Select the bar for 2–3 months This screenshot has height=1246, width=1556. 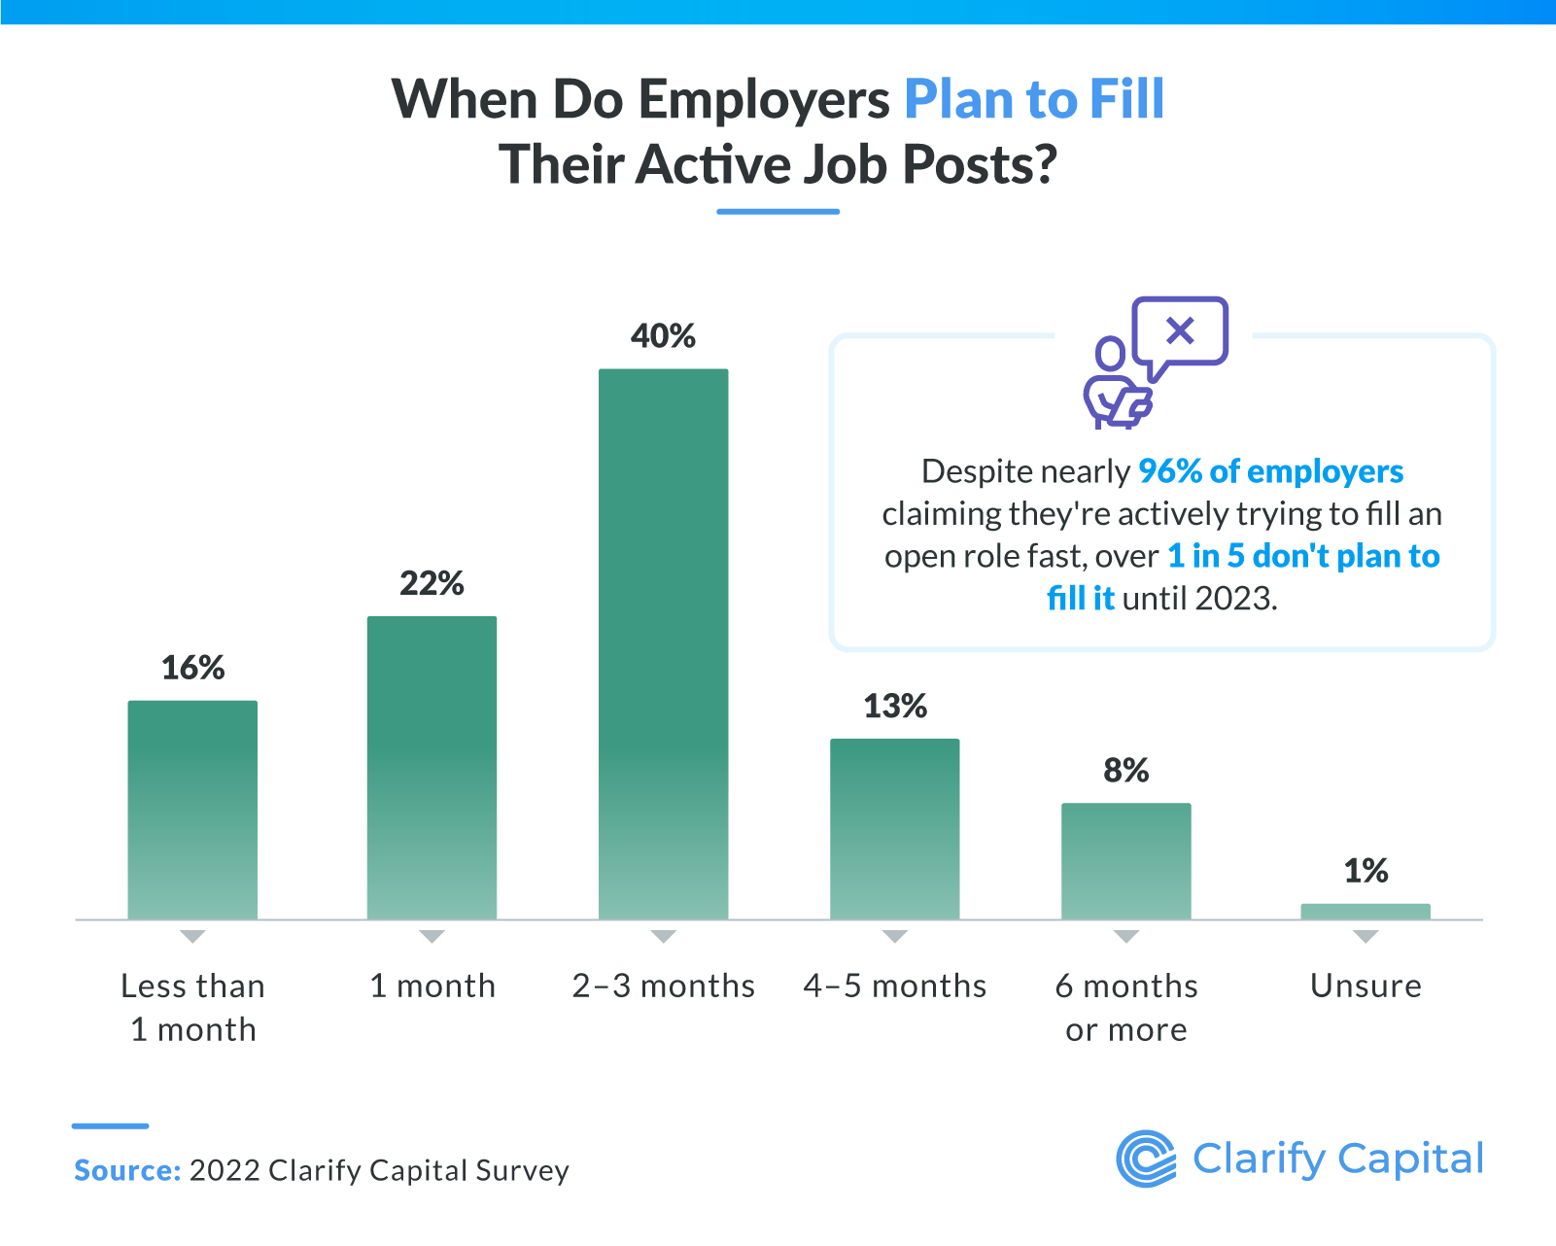tap(663, 643)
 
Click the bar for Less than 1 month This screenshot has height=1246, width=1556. tap(192, 810)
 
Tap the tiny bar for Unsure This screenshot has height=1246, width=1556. tap(1365, 911)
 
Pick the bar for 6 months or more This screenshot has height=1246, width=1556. tap(1125, 860)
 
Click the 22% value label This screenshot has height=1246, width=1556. tap(432, 583)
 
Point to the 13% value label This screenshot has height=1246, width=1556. tap(895, 706)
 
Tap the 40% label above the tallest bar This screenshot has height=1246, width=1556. tap(663, 336)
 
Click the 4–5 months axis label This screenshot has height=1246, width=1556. tap(895, 986)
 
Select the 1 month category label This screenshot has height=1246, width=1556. tap(432, 986)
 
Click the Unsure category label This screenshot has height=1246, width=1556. tap(1366, 986)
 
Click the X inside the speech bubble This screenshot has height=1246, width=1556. tap(1180, 331)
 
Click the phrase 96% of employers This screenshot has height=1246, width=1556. tap(1270, 471)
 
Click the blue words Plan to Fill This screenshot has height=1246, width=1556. tap(1034, 99)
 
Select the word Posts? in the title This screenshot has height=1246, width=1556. tap(979, 164)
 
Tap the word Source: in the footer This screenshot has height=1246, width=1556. tap(127, 1170)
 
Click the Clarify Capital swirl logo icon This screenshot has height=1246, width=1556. tap(1146, 1159)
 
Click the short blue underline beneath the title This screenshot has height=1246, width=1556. tap(778, 211)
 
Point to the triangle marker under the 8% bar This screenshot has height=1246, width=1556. tap(1125, 937)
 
